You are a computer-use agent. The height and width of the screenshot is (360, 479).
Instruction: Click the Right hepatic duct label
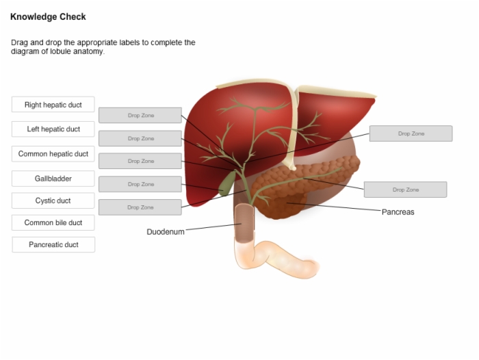53,105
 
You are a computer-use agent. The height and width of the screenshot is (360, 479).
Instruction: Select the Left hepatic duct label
53,129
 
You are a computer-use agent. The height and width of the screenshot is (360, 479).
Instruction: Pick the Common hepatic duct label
53,154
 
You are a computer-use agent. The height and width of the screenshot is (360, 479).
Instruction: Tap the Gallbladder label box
53,179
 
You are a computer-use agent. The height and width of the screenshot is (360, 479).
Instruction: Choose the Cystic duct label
53,201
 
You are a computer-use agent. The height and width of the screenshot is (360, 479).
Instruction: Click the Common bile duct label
53,222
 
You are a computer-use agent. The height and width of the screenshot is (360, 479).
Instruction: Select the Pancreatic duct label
53,244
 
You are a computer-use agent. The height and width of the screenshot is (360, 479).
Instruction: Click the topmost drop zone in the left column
140,115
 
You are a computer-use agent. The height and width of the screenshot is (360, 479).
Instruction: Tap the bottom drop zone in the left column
140,207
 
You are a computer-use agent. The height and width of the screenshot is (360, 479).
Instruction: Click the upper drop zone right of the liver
411,133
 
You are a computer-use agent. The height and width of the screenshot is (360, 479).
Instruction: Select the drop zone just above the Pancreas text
405,190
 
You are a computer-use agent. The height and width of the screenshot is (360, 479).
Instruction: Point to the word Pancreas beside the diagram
398,211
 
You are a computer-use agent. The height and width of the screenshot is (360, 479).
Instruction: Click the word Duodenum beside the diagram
166,231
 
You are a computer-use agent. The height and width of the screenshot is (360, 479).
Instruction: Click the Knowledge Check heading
48,16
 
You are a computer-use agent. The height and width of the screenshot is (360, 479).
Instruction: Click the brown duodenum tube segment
244,223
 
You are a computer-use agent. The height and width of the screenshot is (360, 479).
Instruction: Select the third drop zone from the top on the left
140,161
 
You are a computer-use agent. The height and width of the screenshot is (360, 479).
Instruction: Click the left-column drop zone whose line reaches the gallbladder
140,184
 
